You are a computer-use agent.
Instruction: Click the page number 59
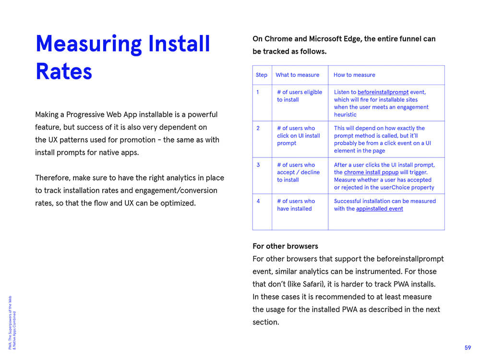point(468,348)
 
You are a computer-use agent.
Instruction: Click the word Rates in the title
point(64,71)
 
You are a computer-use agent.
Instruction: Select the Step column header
point(262,75)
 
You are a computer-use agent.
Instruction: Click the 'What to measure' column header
point(297,75)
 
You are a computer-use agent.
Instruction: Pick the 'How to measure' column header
point(354,75)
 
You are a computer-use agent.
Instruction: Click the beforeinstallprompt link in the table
point(383,92)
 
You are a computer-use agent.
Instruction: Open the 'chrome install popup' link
point(371,172)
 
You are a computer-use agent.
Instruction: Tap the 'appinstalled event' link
point(379,209)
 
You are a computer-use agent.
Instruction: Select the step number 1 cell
point(258,92)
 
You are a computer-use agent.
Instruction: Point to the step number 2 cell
point(258,128)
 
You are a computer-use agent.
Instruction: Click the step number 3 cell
point(258,165)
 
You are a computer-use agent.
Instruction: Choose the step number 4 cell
point(258,201)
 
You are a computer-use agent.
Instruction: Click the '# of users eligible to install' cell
point(299,96)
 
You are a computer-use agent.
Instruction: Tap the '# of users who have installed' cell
point(296,205)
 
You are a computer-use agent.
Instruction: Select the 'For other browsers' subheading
point(285,246)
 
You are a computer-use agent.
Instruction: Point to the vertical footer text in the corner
point(12,322)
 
